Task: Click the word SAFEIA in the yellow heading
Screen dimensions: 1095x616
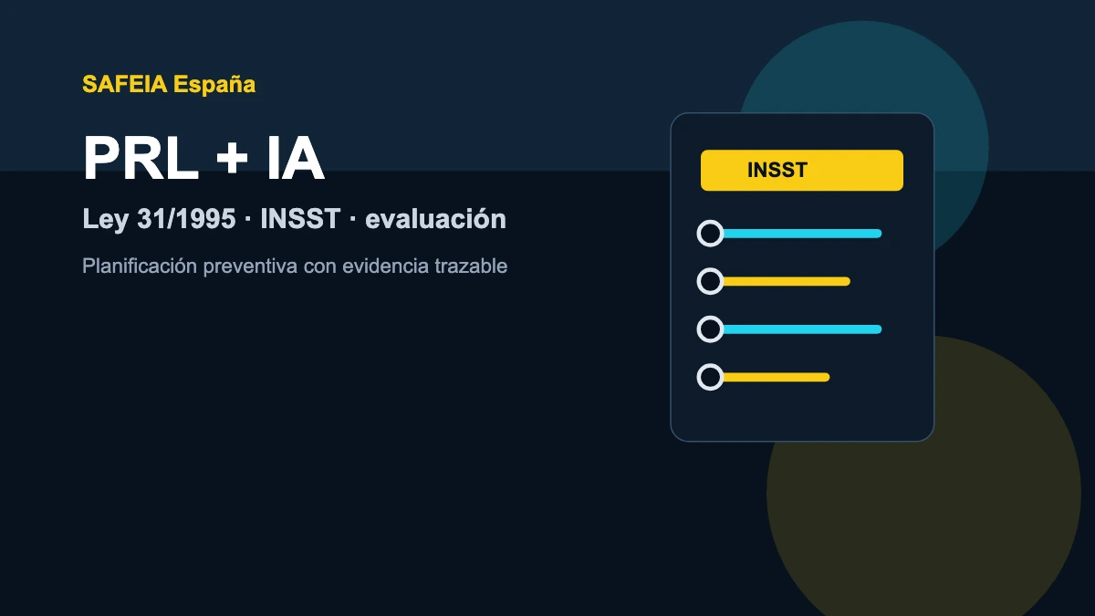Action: point(125,84)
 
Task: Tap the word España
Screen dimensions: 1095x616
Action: point(214,84)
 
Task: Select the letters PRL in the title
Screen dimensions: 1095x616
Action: point(141,158)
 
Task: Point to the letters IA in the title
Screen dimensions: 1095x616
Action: point(296,158)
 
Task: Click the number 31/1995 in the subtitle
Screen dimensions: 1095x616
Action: point(186,218)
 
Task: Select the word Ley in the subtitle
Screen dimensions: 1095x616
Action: point(105,219)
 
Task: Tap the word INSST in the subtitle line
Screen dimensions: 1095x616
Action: point(300,218)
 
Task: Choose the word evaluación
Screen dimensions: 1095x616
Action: point(435,218)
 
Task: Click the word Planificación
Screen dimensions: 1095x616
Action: point(140,266)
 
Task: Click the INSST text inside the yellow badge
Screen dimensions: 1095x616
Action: point(777,170)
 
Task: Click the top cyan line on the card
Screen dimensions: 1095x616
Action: point(802,234)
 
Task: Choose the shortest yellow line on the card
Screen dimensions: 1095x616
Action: point(776,377)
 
